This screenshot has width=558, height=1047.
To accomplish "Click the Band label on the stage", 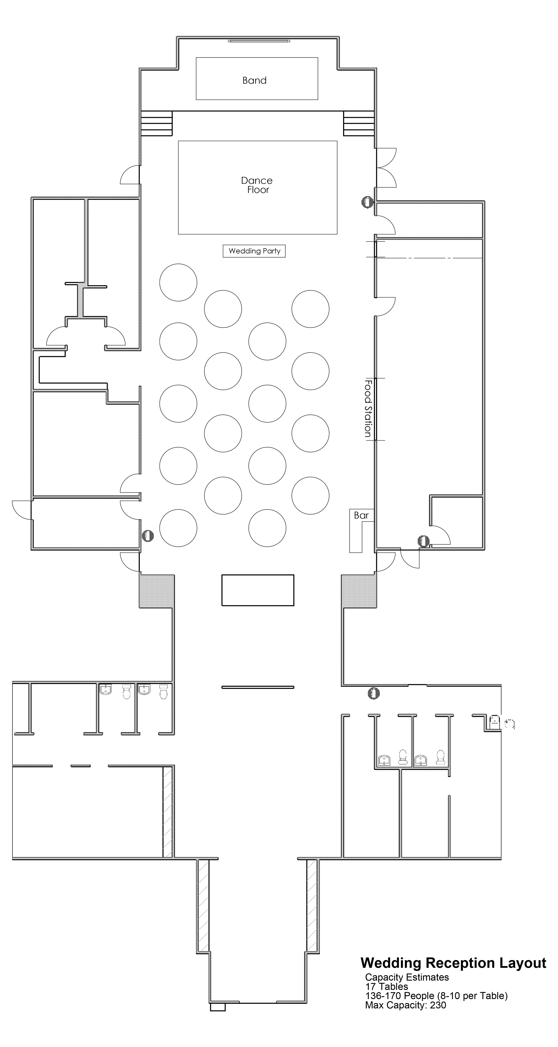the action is [x=255, y=81].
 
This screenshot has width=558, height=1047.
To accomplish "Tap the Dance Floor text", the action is [x=257, y=185].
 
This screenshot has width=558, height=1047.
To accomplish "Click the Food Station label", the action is [x=368, y=408].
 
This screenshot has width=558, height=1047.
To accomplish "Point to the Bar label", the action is [x=361, y=515].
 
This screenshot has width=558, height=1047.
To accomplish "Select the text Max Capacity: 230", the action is [x=405, y=1005].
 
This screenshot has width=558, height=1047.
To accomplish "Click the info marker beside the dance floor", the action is [x=367, y=202].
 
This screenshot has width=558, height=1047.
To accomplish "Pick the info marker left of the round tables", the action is [x=148, y=536].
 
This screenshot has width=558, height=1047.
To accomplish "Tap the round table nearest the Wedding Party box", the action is [x=223, y=309].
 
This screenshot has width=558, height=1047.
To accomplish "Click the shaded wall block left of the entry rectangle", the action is [x=157, y=591].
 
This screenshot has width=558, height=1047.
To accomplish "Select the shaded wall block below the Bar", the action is [x=359, y=591].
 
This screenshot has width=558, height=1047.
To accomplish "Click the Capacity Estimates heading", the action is [x=407, y=977].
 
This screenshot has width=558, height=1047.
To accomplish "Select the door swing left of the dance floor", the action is [x=130, y=175].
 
